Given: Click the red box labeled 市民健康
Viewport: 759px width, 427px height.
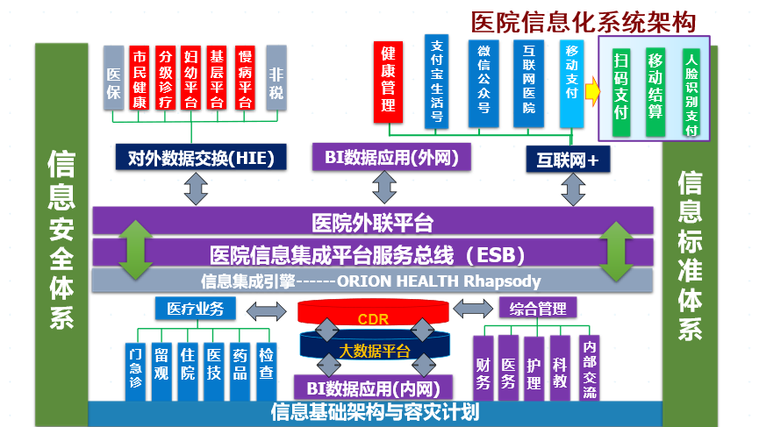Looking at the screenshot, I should tap(139, 77).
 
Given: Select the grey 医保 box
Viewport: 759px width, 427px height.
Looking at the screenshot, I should tap(113, 77).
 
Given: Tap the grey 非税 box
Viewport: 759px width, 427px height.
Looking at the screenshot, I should tap(276, 77).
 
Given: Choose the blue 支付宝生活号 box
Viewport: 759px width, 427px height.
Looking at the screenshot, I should tap(437, 80).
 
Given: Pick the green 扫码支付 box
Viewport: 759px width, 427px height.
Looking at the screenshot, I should tap(621, 86).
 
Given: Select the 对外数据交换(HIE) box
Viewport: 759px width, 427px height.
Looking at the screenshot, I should tap(201, 158).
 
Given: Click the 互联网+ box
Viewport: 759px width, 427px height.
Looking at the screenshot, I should tap(569, 160).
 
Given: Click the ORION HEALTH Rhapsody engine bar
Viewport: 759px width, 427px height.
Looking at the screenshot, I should tap(373, 281).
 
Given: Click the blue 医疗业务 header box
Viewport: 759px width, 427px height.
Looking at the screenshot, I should tap(196, 309).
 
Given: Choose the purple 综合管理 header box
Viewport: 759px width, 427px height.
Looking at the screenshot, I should tap(539, 308).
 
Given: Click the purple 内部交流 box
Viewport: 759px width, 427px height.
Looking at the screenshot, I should tap(588, 367).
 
